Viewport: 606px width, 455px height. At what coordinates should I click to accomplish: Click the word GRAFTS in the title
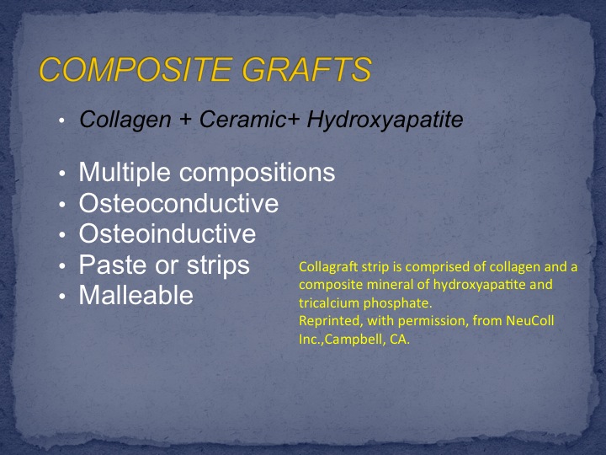pyautogui.click(x=306, y=69)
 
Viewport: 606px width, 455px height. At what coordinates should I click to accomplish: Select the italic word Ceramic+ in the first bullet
pyautogui.click(x=249, y=119)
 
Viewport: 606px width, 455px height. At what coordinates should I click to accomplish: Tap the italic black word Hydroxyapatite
pyautogui.click(x=385, y=120)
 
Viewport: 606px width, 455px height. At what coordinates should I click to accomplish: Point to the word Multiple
pyautogui.click(x=125, y=172)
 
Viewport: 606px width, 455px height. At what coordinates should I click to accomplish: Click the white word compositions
pyautogui.click(x=257, y=174)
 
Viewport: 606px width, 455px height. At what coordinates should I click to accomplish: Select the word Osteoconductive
pyautogui.click(x=178, y=203)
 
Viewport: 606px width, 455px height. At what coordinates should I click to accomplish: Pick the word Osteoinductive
pyautogui.click(x=167, y=233)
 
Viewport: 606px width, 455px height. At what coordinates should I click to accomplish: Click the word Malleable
pyautogui.click(x=136, y=295)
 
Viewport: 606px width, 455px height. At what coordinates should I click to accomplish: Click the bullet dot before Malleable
pyautogui.click(x=62, y=297)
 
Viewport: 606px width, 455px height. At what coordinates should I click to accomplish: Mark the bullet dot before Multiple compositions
pyautogui.click(x=62, y=174)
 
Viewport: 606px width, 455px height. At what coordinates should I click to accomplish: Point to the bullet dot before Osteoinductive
pyautogui.click(x=62, y=235)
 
